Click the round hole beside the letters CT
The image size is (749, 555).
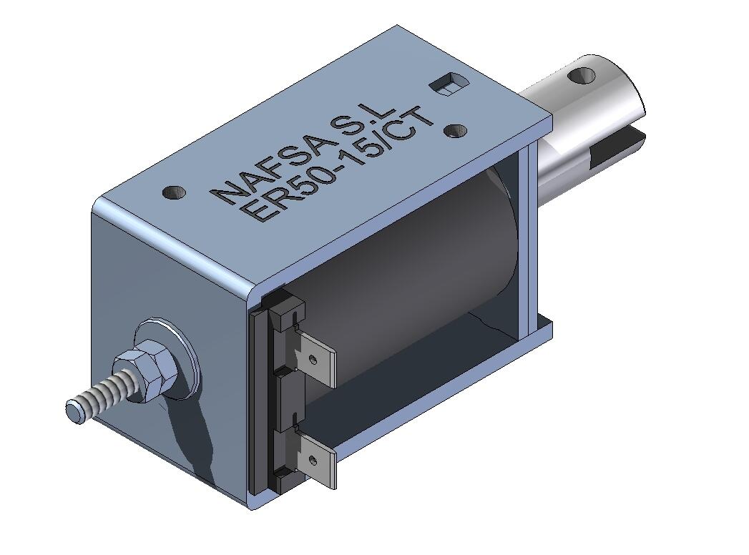[x=456, y=131]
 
